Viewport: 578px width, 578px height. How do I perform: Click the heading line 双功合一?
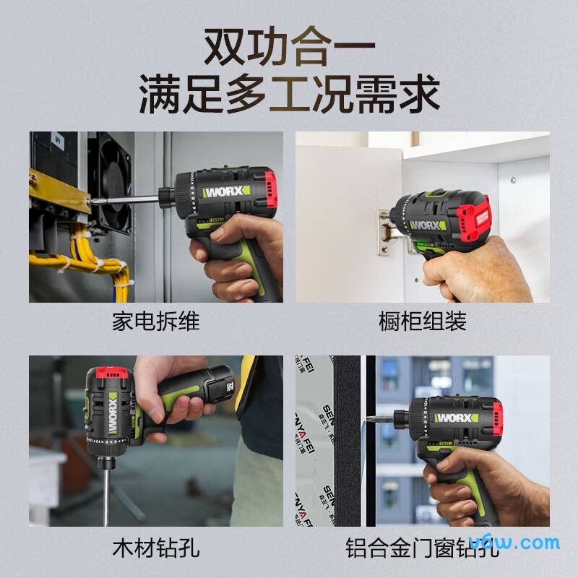(x=289, y=45)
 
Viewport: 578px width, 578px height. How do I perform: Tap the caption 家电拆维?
(x=155, y=321)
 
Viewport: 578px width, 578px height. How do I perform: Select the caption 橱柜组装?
(x=423, y=321)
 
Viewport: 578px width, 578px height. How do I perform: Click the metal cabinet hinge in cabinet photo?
(x=384, y=233)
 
